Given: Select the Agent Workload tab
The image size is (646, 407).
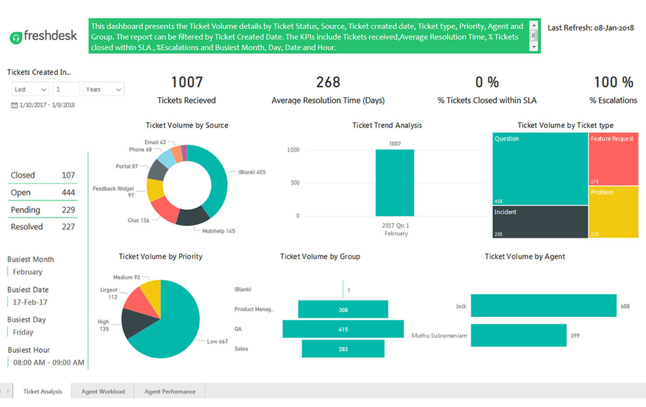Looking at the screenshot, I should click(x=103, y=391).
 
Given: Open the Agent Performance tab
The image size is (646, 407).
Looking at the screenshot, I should click(x=170, y=391).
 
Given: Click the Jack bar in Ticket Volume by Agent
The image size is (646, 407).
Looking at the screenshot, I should click(x=543, y=305).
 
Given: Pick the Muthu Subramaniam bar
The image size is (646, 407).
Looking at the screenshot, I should click(x=518, y=335).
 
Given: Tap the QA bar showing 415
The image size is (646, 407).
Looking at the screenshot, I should click(x=343, y=329).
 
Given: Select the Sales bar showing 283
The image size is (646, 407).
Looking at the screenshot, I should click(x=343, y=349).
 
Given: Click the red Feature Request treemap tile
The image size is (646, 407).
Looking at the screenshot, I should click(x=613, y=159).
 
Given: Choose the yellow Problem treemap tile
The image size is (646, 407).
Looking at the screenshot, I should click(x=613, y=212).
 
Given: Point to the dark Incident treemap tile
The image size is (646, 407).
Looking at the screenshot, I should click(x=540, y=222).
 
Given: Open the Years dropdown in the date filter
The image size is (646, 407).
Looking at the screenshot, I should click(x=104, y=89).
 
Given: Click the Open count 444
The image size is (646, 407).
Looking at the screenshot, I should click(x=68, y=192).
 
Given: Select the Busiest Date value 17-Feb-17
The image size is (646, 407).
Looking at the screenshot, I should click(x=30, y=302).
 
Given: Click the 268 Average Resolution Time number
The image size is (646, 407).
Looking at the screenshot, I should click(x=328, y=82).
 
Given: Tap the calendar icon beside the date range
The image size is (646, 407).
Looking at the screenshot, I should click(x=14, y=105).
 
